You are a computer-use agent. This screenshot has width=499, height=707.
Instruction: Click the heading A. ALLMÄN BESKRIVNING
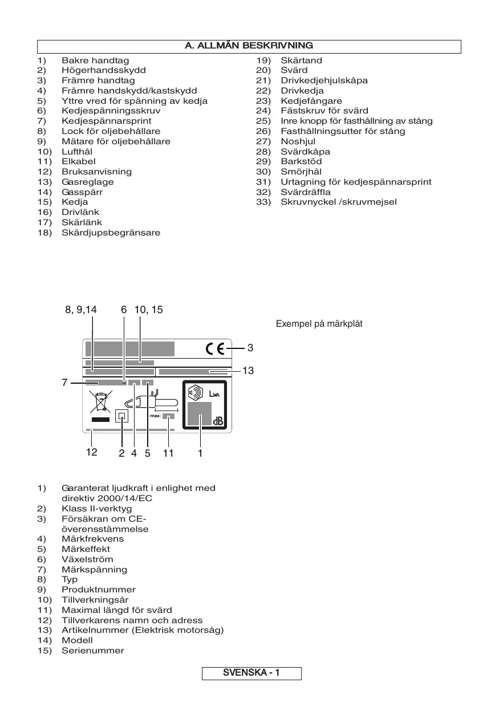249,46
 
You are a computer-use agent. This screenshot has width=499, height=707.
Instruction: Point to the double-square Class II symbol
121,416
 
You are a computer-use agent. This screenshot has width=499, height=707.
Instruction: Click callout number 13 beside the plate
248,371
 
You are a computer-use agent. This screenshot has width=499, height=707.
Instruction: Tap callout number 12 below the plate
91,453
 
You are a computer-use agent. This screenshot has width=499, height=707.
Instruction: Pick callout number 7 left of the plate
65,383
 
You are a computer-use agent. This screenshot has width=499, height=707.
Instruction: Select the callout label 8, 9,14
80,310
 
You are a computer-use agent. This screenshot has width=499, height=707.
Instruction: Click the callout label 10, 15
148,310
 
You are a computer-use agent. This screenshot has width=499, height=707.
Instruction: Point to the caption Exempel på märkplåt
319,324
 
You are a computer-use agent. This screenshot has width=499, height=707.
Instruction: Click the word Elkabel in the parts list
79,161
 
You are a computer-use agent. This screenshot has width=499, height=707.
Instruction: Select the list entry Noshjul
298,141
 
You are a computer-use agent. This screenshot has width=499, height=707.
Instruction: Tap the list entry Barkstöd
301,161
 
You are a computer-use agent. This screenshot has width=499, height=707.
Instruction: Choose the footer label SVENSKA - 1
251,673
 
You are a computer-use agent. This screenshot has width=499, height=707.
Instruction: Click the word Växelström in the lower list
87,559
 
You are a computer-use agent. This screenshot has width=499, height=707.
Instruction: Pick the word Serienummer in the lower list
92,651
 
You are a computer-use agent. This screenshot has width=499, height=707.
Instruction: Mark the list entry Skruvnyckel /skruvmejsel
338,202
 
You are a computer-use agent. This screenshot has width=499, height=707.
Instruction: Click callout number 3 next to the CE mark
250,347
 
